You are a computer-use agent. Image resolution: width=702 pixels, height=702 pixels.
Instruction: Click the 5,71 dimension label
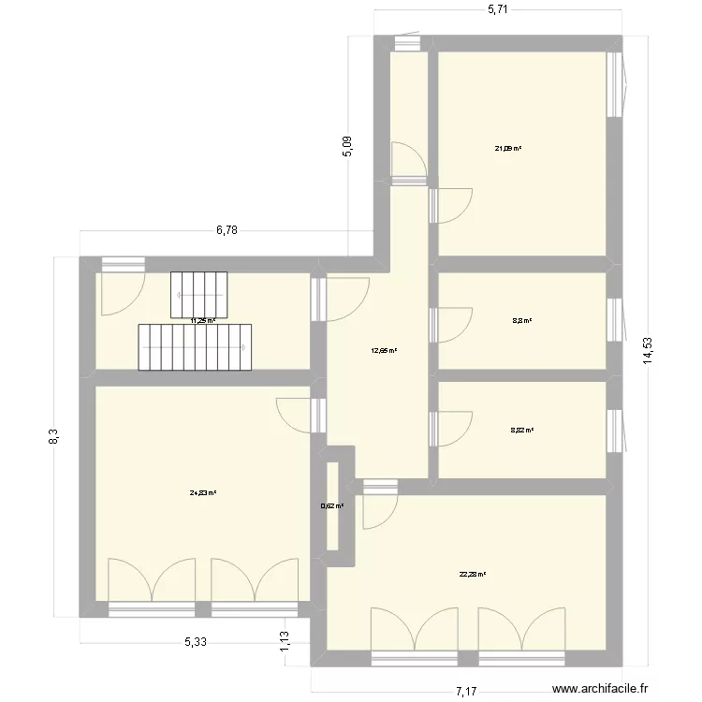(x=497, y=9)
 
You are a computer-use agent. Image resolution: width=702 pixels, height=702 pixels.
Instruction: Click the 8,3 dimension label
(x=54, y=437)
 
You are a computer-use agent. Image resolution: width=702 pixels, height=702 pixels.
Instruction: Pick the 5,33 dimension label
(x=196, y=642)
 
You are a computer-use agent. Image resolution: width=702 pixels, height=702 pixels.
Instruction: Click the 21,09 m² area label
(x=508, y=148)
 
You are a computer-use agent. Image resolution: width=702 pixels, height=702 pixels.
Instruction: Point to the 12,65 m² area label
(x=384, y=352)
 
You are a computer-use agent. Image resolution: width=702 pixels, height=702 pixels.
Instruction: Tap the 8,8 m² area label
(x=521, y=321)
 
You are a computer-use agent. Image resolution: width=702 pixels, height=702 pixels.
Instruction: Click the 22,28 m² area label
(x=473, y=575)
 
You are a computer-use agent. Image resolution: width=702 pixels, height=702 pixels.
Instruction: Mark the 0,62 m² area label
(x=332, y=506)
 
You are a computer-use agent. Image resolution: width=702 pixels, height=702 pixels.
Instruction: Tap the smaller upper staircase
(x=198, y=293)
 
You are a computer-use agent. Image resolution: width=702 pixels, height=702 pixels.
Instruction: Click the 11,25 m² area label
(x=203, y=321)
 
